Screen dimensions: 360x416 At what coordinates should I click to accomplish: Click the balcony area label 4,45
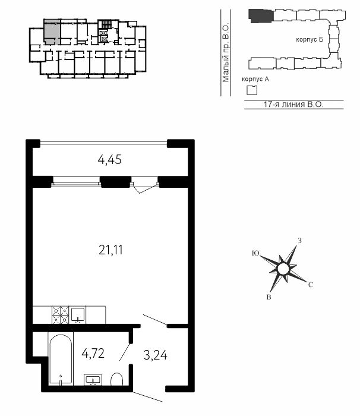point(109,160)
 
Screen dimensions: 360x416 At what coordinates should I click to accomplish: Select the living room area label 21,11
point(110,250)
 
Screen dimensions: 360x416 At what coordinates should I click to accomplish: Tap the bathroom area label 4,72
point(93,354)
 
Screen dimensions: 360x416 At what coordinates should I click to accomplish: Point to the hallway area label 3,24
point(155,355)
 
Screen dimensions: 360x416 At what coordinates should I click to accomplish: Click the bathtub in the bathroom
point(61,359)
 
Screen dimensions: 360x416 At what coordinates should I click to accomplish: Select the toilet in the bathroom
point(116,379)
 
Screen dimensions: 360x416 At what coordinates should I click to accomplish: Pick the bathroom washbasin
point(93,380)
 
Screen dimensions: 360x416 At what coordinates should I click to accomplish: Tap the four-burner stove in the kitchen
point(61,315)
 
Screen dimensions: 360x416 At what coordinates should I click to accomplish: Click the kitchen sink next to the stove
point(78,315)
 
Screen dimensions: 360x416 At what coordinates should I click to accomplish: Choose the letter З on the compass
point(299,241)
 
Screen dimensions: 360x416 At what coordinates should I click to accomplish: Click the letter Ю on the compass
point(255,253)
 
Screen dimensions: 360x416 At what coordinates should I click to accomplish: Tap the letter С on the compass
point(311,285)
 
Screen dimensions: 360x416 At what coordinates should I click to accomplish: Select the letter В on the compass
point(269,297)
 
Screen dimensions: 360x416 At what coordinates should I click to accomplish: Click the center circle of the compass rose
point(283,269)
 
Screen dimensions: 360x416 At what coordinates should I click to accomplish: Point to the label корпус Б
point(310,40)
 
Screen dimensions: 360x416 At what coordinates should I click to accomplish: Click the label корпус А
point(255,79)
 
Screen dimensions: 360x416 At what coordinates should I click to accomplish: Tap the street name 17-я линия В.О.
point(293,104)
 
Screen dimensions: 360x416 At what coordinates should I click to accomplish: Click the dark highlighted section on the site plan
point(261,16)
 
